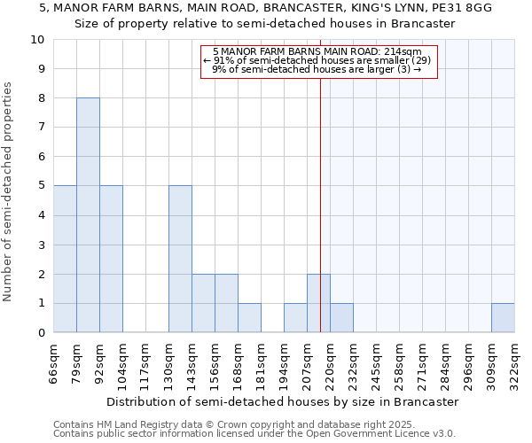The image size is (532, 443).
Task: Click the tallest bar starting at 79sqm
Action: coord(88,215)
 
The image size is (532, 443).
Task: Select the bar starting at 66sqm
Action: coord(65,259)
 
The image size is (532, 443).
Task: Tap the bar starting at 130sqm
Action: coord(180,259)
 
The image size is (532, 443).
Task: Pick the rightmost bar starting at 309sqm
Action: coord(503,318)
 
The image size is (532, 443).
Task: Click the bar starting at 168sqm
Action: coord(249,318)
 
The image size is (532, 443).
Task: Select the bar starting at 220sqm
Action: coord(341,318)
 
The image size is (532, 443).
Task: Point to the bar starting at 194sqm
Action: coord(295,318)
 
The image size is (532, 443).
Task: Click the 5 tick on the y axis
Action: coord(41,186)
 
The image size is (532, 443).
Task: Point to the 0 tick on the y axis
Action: coord(41,333)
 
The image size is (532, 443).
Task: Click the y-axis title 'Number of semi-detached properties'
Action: coord(9,191)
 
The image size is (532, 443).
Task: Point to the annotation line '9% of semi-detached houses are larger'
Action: coord(317,69)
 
